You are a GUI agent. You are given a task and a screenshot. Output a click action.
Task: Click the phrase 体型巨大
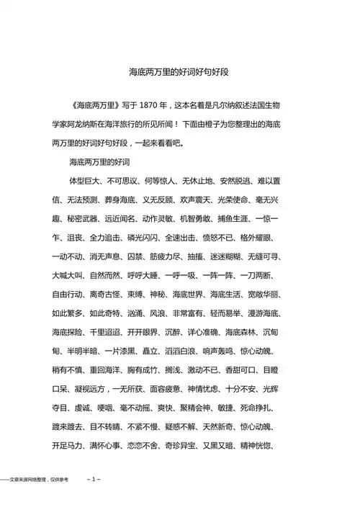coord(84,180)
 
